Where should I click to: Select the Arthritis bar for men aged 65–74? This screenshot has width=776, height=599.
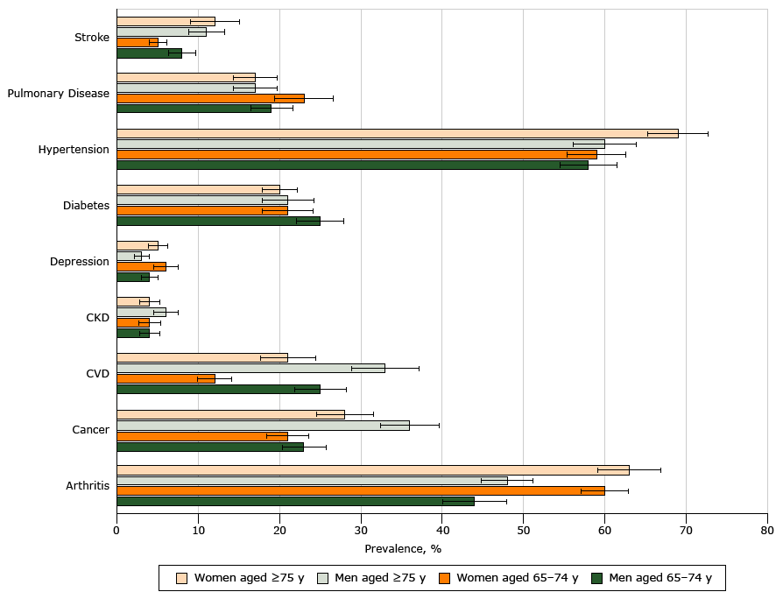pyautogui.click(x=295, y=501)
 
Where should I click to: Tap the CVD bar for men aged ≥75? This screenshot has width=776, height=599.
pyautogui.click(x=250, y=368)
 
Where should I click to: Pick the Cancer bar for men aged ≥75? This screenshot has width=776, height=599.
pyautogui.click(x=263, y=425)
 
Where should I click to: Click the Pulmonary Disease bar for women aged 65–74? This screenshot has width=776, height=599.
pyautogui.click(x=210, y=98)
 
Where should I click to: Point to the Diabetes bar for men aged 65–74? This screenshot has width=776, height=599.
pyautogui.click(x=218, y=221)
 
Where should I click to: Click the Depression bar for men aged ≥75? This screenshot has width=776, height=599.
pyautogui.click(x=129, y=256)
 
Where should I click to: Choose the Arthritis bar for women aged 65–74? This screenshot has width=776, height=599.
pyautogui.click(x=360, y=490)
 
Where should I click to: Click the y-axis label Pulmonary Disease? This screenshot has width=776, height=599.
pyautogui.click(x=59, y=94)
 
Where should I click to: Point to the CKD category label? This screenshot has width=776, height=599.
pyautogui.click(x=97, y=318)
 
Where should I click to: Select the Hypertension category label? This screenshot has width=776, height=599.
pyautogui.click(x=74, y=150)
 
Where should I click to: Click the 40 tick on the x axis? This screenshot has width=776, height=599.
pyautogui.click(x=442, y=531)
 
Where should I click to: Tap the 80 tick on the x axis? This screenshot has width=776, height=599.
pyautogui.click(x=767, y=531)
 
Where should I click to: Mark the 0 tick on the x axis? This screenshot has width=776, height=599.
pyautogui.click(x=116, y=531)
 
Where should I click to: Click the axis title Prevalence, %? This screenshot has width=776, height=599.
pyautogui.click(x=403, y=549)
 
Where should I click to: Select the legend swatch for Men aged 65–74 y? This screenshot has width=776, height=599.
pyautogui.click(x=598, y=578)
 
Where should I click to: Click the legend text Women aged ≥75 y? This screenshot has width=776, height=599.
pyautogui.click(x=249, y=578)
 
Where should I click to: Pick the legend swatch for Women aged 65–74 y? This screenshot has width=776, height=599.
pyautogui.click(x=445, y=578)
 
